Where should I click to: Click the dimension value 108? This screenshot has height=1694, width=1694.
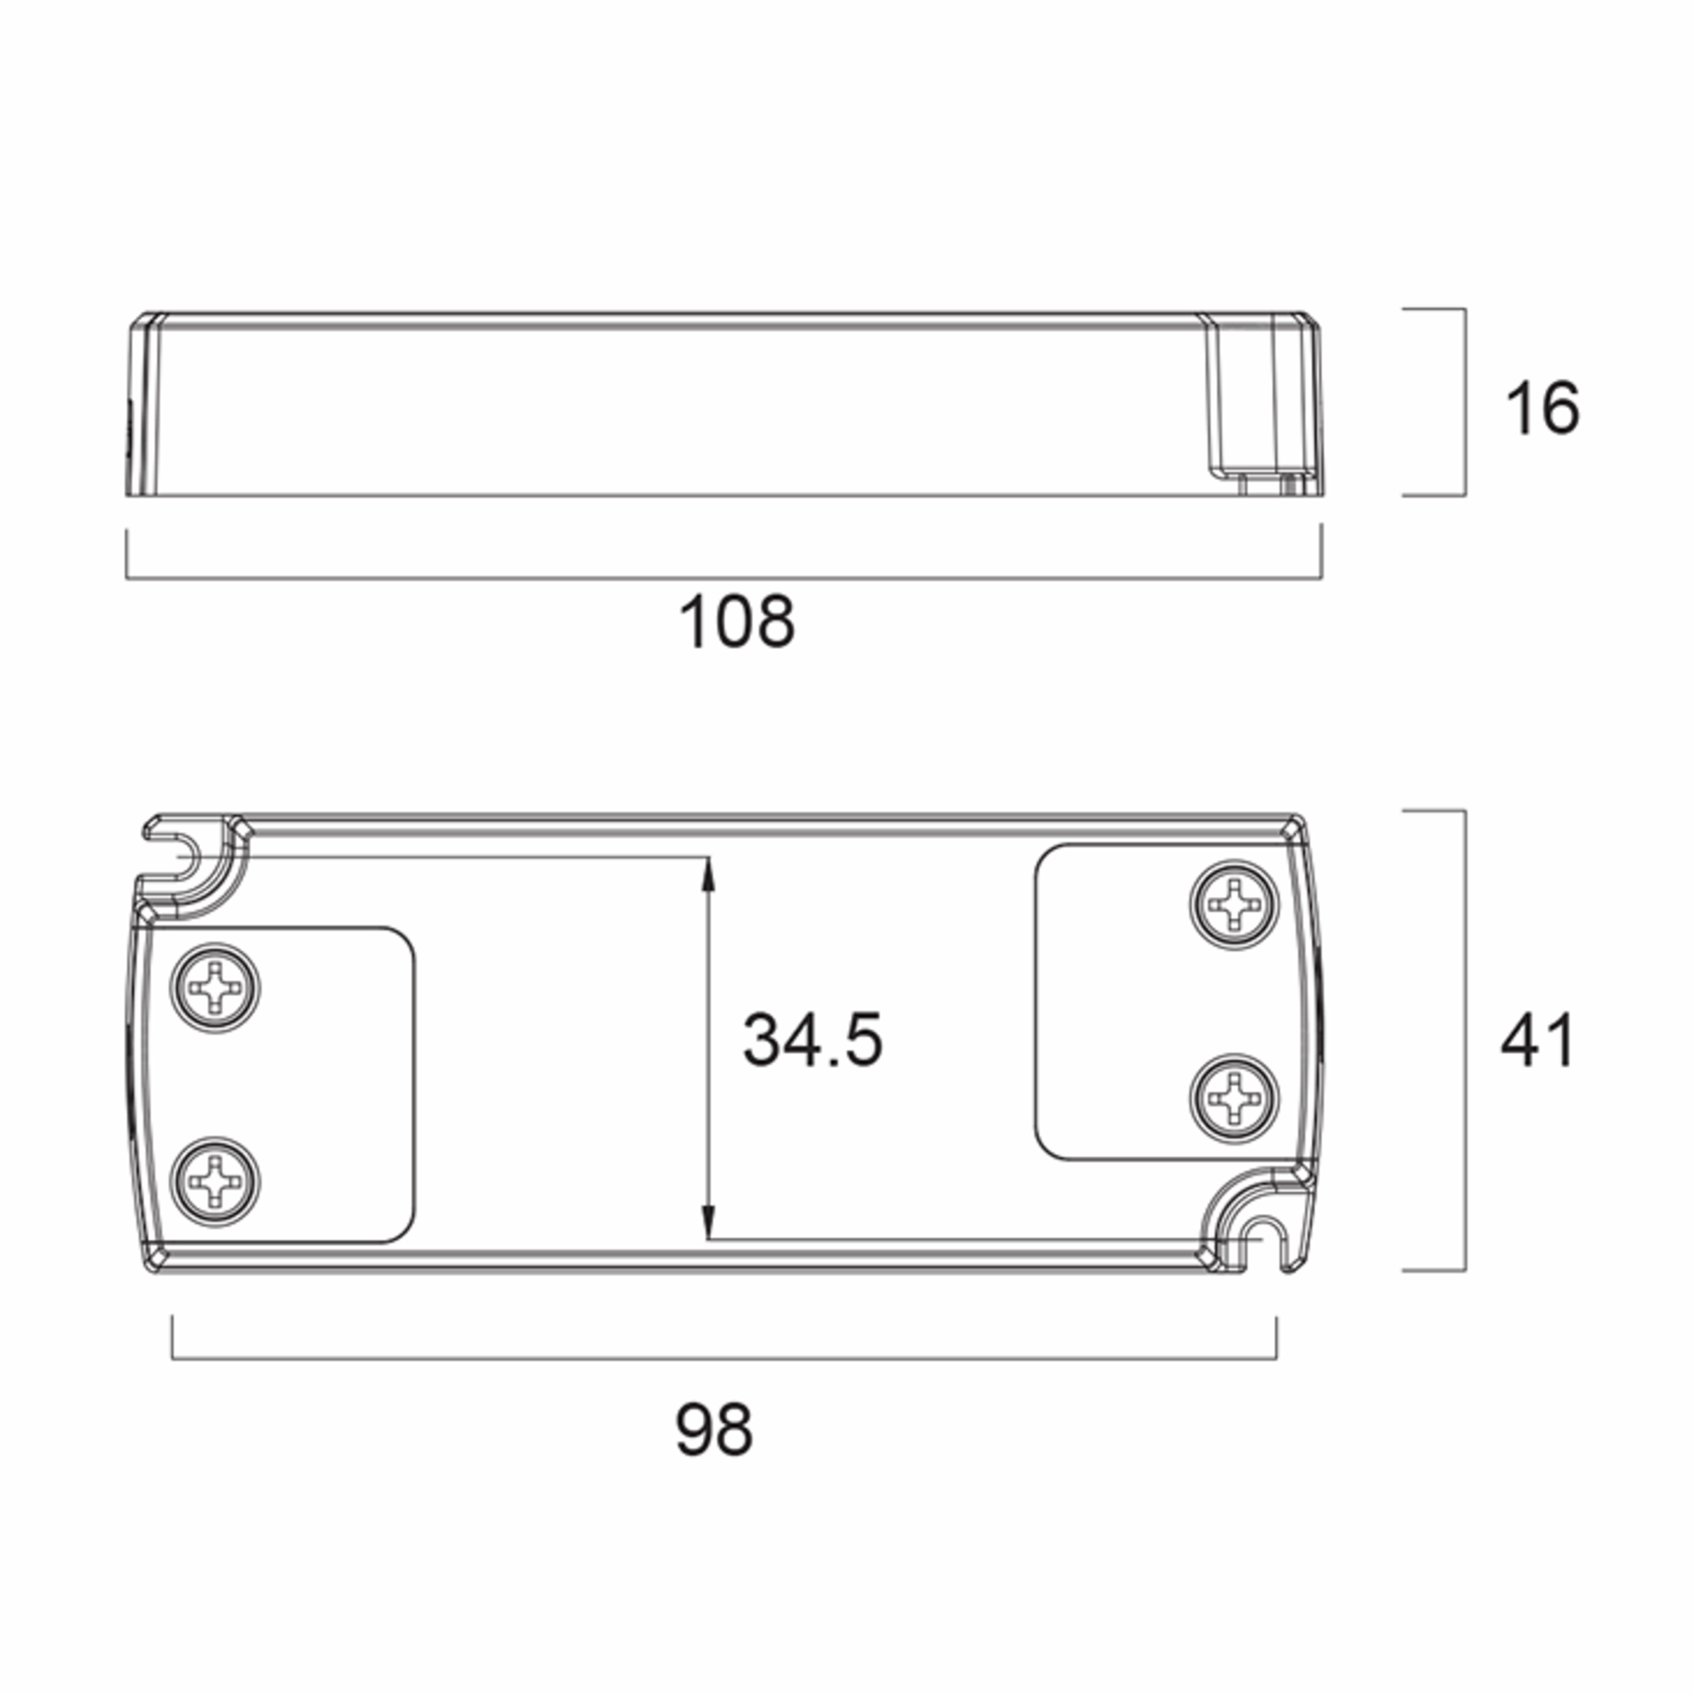point(736,622)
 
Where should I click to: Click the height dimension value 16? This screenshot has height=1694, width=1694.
point(1542,408)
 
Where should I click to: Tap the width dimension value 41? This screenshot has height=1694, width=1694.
point(1537,1041)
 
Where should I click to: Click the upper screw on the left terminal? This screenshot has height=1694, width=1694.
point(215,988)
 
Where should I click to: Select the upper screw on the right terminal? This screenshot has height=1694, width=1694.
point(1234,903)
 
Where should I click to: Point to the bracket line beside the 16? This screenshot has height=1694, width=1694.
point(1465,402)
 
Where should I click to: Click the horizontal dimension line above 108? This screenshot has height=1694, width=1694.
point(723,579)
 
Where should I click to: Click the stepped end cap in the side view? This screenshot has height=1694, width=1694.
point(1263,403)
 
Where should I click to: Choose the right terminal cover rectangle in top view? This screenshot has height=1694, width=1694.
point(1114,999)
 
